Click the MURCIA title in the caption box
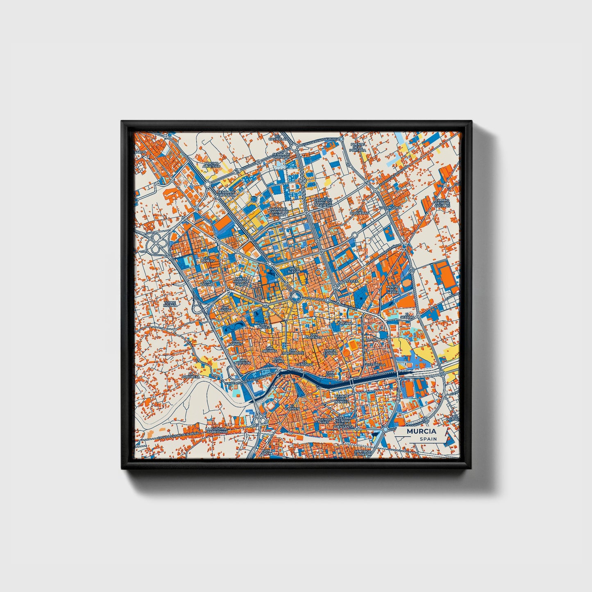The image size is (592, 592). pyautogui.click(x=421, y=431)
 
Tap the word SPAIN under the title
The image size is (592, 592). pyautogui.click(x=428, y=439)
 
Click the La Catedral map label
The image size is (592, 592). pyautogui.click(x=304, y=363)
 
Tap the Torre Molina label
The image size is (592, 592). pyautogui.click(x=170, y=304)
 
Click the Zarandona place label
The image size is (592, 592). pyautogui.click(x=390, y=208)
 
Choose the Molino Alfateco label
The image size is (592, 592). pyautogui.click(x=211, y=165)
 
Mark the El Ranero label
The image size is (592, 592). pyautogui.click(x=208, y=260)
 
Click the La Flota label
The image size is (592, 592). pyautogui.click(x=351, y=281)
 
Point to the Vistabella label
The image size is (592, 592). pyautogui.click(x=376, y=364)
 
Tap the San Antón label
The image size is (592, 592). pyautogui.click(x=225, y=309)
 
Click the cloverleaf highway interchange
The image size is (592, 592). pyautogui.click(x=157, y=245)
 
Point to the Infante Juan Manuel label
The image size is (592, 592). pyautogui.click(x=341, y=399)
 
